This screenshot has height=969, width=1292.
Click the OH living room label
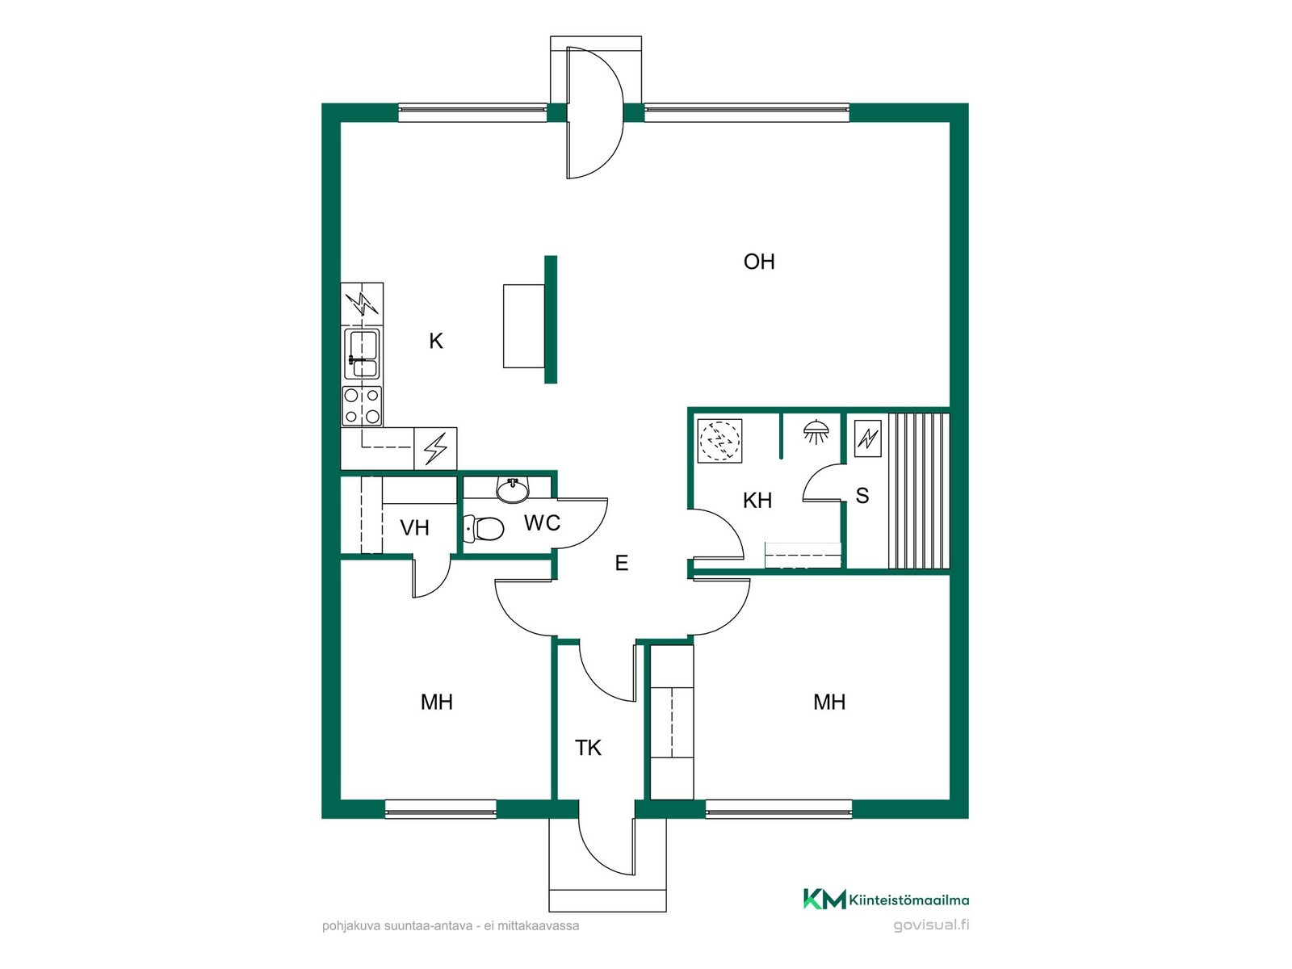click(x=759, y=262)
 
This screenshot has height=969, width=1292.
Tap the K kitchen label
click(x=435, y=341)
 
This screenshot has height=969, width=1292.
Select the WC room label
click(x=542, y=522)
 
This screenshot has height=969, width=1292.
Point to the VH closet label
click(x=414, y=528)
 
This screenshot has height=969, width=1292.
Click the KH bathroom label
click(x=757, y=500)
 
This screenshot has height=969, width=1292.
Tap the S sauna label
click(x=862, y=495)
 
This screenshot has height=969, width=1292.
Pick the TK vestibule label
click(x=588, y=748)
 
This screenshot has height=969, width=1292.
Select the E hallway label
click(x=621, y=563)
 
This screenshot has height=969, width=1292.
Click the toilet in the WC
click(x=483, y=528)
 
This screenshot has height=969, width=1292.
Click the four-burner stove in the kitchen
click(x=362, y=406)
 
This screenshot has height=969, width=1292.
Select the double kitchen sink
click(x=362, y=353)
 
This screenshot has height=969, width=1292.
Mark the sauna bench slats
click(x=919, y=491)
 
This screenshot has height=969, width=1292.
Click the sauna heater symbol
click(x=867, y=438)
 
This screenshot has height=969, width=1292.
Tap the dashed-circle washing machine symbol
click(x=719, y=441)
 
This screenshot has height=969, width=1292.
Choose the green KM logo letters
click(x=824, y=899)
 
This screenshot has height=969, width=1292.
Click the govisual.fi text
click(x=931, y=925)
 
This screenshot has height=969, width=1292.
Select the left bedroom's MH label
click(x=436, y=701)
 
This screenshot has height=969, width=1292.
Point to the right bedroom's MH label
click(x=829, y=701)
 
